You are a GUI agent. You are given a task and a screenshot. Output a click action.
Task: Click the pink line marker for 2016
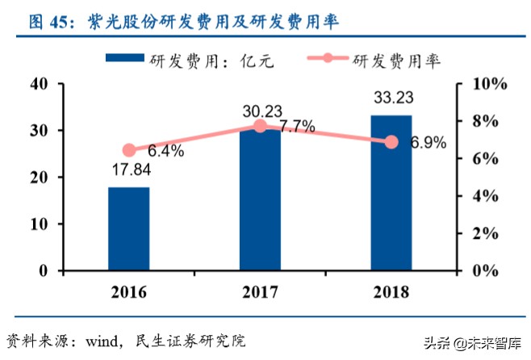129,150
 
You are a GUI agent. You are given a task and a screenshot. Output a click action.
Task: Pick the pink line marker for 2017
260,126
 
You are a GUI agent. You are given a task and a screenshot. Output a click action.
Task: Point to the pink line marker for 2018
391,141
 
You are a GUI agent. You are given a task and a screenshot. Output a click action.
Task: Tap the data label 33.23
391,98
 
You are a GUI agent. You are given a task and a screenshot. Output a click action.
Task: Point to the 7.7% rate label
296,127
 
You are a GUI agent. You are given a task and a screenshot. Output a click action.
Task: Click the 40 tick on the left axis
38,84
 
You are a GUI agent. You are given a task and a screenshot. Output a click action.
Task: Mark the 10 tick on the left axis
38,224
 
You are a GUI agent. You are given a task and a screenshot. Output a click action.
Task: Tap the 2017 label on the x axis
260,291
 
